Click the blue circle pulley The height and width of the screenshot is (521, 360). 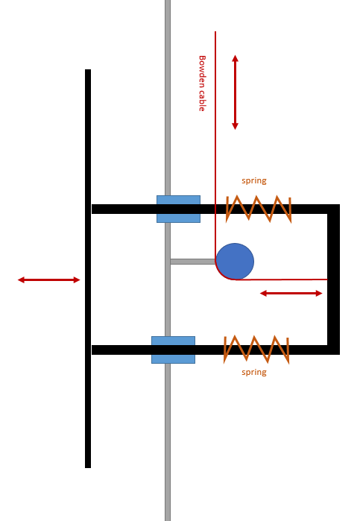(x=235, y=261)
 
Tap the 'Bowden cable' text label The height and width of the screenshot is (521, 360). (x=202, y=83)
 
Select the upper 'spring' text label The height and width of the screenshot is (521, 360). (x=254, y=181)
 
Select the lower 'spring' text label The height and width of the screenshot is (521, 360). (x=254, y=372)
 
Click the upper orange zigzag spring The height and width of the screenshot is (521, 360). (x=259, y=209)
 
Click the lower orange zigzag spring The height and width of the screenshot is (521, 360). (x=256, y=350)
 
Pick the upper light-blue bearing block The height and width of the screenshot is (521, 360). (x=178, y=209)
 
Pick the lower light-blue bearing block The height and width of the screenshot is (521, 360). (x=173, y=350)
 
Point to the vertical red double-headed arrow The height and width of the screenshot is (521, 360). (x=235, y=92)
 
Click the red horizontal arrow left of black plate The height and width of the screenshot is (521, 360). (x=49, y=280)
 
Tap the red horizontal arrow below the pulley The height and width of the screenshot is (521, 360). (x=291, y=293)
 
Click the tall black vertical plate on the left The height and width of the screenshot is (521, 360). (x=88, y=268)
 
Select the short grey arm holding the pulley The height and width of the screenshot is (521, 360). (x=193, y=262)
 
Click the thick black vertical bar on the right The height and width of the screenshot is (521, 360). (x=333, y=280)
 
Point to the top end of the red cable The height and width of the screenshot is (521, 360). (x=215, y=31)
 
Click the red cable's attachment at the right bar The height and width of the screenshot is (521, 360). (x=327, y=280)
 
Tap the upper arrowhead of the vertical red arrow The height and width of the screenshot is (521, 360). (x=235, y=58)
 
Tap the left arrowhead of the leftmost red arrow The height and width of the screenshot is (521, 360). (x=21, y=280)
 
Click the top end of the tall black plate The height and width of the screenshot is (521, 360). (x=88, y=69)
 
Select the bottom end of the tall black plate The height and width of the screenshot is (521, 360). (x=88, y=468)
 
